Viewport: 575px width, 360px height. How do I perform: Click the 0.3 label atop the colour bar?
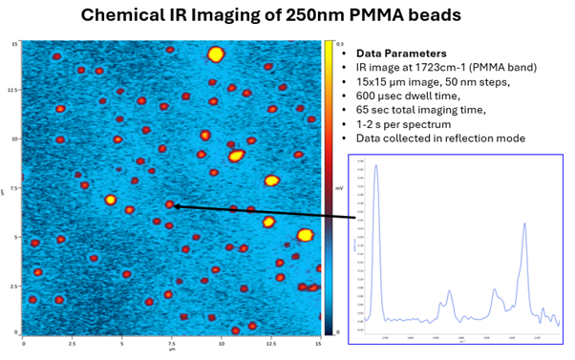341,44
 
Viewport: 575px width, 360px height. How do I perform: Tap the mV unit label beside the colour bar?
341,189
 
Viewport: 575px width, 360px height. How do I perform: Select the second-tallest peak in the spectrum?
524,225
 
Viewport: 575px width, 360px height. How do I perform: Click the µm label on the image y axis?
5,190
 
